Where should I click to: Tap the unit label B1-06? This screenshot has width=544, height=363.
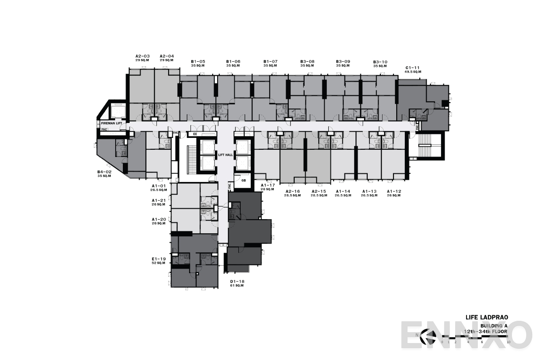pyautogui.click(x=233, y=62)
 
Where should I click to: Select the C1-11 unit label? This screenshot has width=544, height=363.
pyautogui.click(x=413, y=68)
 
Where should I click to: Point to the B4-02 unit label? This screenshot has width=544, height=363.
pyautogui.click(x=104, y=172)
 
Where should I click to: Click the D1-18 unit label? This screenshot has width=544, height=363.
pyautogui.click(x=237, y=281)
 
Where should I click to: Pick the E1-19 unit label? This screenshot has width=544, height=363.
pyautogui.click(x=159, y=259)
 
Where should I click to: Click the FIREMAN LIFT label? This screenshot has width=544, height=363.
pyautogui.click(x=111, y=123)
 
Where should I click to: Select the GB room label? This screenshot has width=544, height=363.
pyautogui.click(x=243, y=180)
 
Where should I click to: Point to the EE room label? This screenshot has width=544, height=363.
pyautogui.click(x=195, y=134)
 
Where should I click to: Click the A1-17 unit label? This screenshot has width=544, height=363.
pyautogui.click(x=268, y=185)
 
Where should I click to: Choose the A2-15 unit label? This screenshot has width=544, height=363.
pyautogui.click(x=319, y=191)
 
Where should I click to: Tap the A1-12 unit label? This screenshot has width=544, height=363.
pyautogui.click(x=394, y=191)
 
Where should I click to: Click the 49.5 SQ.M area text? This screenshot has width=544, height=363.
pyautogui.click(x=413, y=72)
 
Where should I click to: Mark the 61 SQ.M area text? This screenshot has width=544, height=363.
pyautogui.click(x=237, y=285)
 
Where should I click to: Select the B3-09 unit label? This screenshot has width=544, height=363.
pyautogui.click(x=343, y=62)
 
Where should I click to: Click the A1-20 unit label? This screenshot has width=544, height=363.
pyautogui.click(x=159, y=219)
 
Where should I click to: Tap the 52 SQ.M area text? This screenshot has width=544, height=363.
pyautogui.click(x=159, y=263)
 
